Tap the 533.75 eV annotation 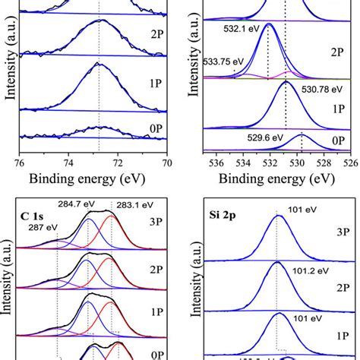click(219, 62)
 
